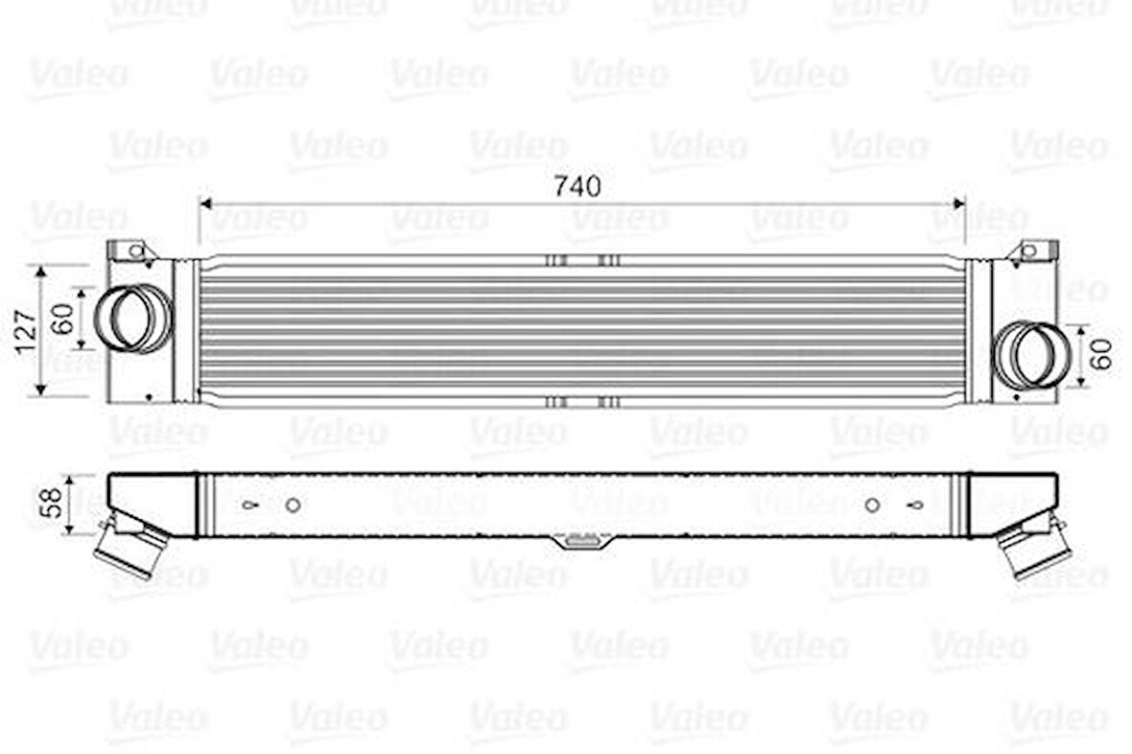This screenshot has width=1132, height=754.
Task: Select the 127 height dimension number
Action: [x=26, y=330]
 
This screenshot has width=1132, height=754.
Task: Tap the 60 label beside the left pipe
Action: [x=63, y=318]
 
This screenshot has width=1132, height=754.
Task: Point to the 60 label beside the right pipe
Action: [x=1102, y=354]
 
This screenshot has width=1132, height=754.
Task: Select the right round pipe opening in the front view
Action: [x=1029, y=356]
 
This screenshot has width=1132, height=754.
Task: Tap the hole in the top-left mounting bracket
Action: [x=135, y=252]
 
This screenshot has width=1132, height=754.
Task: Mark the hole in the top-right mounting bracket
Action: [x=1028, y=251]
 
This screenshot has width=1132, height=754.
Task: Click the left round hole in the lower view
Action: [x=294, y=505]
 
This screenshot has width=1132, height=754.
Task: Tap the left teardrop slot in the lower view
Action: [x=249, y=505]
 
